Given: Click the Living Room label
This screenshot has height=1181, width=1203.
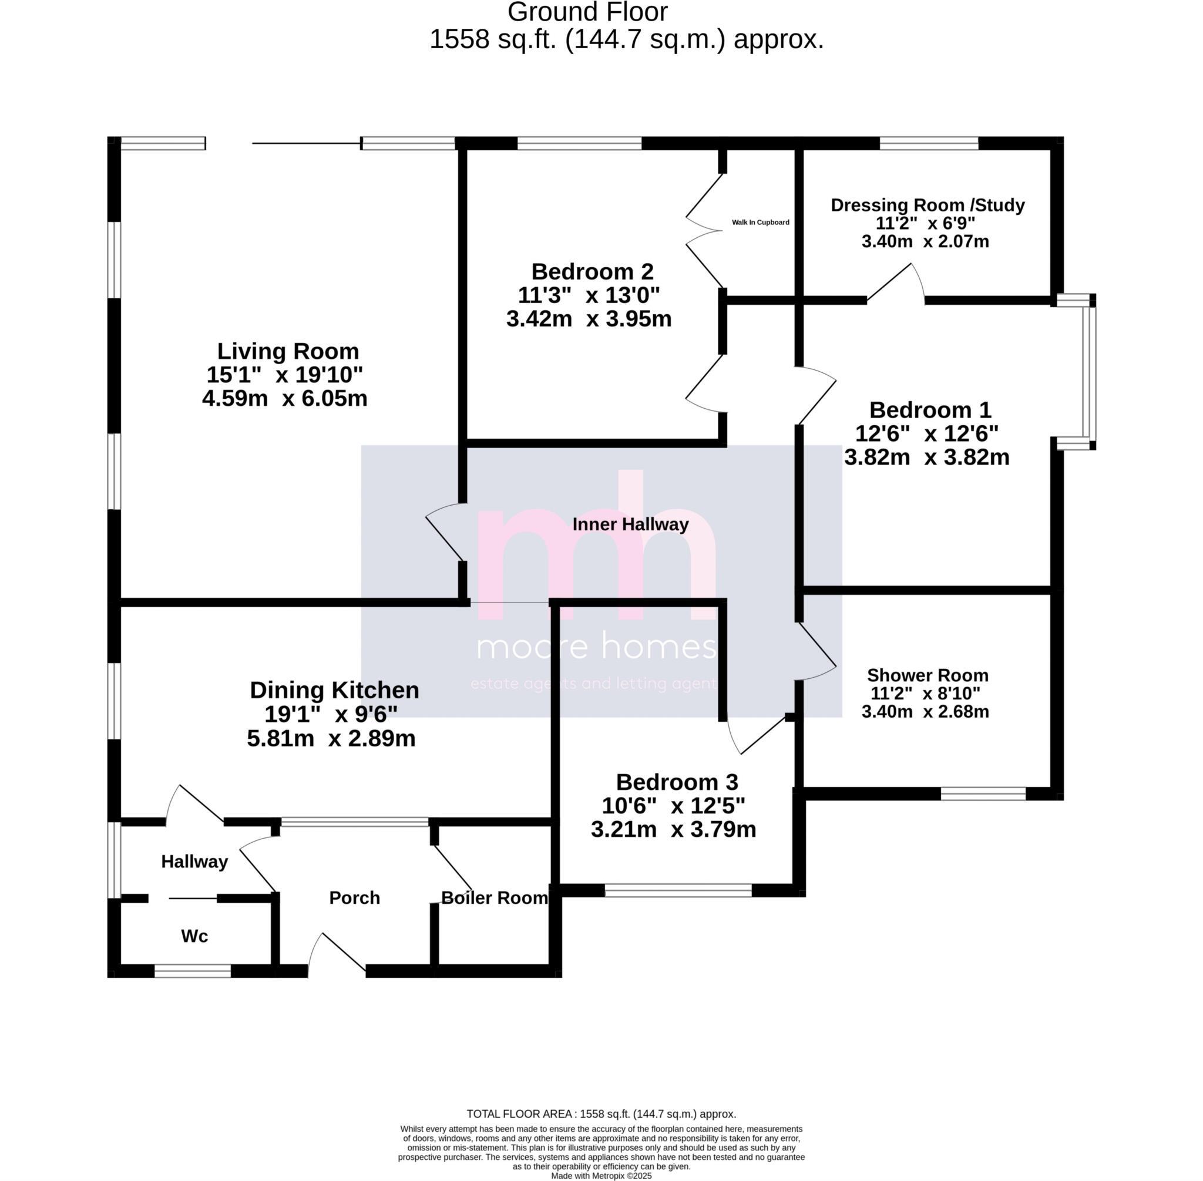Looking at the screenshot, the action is (288, 351).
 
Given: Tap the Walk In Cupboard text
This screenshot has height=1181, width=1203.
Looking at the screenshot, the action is (760, 222).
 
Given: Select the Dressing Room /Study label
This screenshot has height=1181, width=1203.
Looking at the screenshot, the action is (928, 205).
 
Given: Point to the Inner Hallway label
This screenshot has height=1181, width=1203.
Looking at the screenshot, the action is (630, 524).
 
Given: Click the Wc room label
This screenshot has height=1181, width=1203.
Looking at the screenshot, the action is (194, 936).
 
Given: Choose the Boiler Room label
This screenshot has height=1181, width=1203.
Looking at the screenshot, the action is (495, 897).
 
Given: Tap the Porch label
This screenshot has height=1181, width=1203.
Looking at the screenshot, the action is (354, 897).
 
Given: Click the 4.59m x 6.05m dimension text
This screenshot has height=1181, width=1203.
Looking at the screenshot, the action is (285, 398).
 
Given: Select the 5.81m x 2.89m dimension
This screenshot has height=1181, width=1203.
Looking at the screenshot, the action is (331, 738).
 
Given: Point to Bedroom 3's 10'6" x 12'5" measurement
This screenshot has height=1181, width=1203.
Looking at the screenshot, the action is (673, 806).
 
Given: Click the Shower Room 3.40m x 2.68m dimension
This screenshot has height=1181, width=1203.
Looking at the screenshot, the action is (925, 711).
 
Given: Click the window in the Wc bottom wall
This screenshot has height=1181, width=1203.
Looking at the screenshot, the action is (192, 971).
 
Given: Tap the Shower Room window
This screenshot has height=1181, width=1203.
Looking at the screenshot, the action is (983, 793).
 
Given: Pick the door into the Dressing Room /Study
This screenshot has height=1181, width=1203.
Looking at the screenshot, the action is (896, 284).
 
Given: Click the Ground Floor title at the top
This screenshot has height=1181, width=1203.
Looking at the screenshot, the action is (587, 12).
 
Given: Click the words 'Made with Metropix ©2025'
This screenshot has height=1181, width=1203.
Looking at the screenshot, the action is (601, 1175).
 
